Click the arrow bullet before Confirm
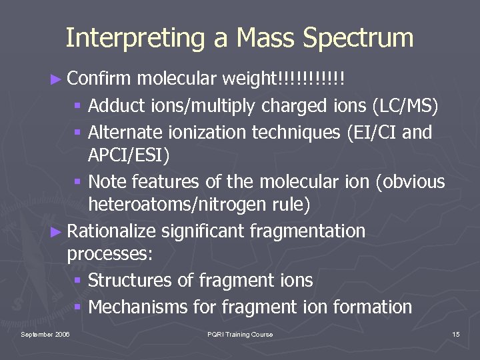pyautogui.click(x=58, y=79)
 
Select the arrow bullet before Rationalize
pyautogui.click(x=58, y=232)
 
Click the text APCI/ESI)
pyautogui.click(x=129, y=156)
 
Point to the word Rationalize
pyautogui.click(x=112, y=231)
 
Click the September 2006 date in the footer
pyautogui.click(x=45, y=334)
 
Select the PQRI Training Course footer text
pyautogui.click(x=240, y=334)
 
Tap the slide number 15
pyautogui.click(x=456, y=334)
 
